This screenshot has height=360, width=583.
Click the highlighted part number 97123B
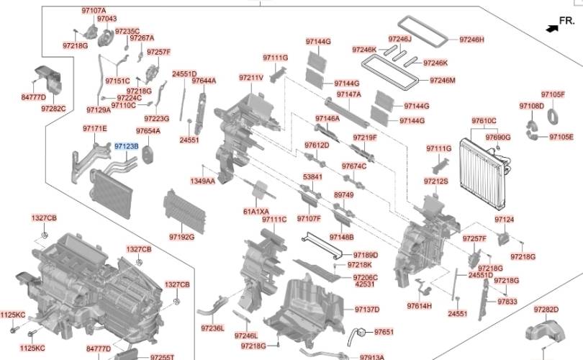[126, 146]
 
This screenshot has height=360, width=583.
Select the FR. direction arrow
[553, 27]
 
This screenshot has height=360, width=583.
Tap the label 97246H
[471, 39]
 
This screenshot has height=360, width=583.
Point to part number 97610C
[484, 120]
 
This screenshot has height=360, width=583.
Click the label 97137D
[367, 310]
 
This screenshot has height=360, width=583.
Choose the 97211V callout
[251, 77]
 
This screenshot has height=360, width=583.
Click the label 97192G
[181, 235]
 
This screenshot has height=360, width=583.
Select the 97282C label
[53, 109]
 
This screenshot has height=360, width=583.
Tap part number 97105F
[553, 94]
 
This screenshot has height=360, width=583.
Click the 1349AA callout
[202, 181]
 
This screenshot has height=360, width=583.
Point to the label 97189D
[366, 255]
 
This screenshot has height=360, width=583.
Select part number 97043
[106, 18]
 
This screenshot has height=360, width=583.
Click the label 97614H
[419, 306]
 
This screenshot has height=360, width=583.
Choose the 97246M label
[443, 80]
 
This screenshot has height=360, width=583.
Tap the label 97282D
[546, 309]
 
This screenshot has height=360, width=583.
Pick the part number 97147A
[348, 94]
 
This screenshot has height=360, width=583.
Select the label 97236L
[212, 328]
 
